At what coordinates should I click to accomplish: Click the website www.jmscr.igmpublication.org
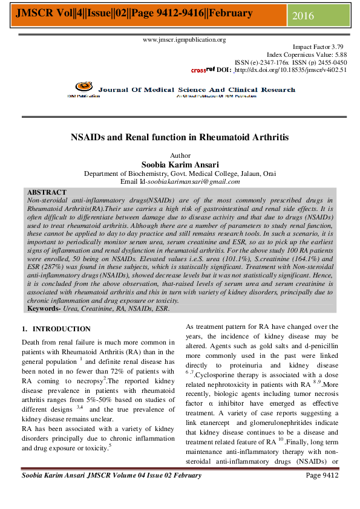point(184,40)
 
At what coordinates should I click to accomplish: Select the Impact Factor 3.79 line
point(318,47)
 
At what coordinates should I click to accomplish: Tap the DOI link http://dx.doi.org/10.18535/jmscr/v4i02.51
point(290,70)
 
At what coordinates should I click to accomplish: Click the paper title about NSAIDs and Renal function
point(180,137)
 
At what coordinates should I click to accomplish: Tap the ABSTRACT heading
point(47,192)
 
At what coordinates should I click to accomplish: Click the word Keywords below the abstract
point(44,308)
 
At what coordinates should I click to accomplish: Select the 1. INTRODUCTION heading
point(56,329)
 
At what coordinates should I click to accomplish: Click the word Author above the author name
point(180,155)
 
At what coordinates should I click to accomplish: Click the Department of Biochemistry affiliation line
point(180,173)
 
